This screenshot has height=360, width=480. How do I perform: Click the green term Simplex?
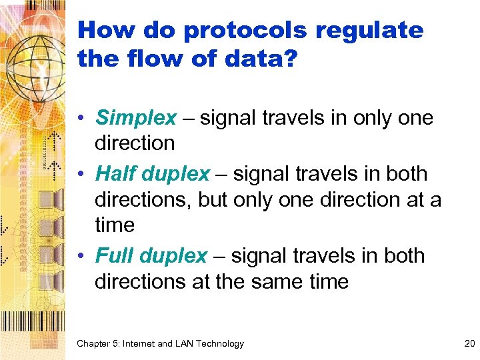[137, 118]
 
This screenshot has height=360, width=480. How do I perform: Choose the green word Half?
[117, 174]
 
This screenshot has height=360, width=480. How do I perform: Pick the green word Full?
[116, 256]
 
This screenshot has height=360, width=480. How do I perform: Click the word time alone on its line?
[115, 226]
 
